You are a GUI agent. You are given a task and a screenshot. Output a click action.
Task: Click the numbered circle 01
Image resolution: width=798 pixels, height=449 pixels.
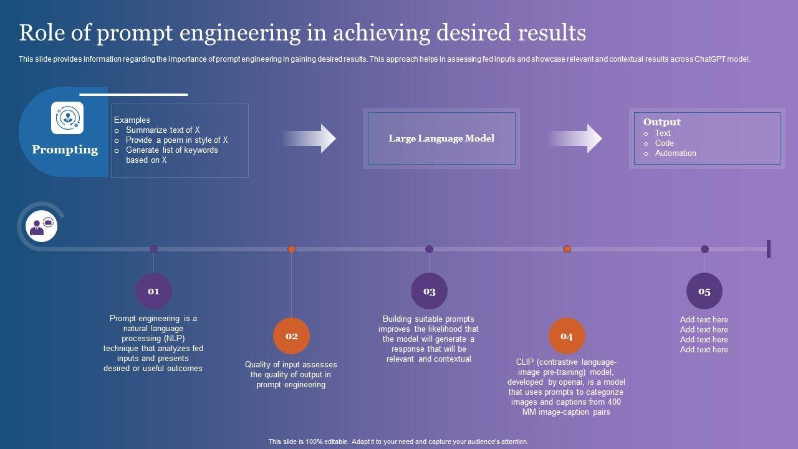pyautogui.click(x=153, y=291)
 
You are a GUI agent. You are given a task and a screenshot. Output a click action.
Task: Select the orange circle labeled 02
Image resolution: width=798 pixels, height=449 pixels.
pyautogui.click(x=292, y=336)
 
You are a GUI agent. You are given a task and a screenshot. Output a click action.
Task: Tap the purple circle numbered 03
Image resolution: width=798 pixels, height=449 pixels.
pyautogui.click(x=429, y=291)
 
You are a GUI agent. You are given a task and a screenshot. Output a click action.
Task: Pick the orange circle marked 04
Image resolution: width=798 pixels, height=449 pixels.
pyautogui.click(x=567, y=336)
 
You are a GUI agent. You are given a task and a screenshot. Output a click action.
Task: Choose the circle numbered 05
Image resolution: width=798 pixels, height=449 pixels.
pyautogui.click(x=704, y=291)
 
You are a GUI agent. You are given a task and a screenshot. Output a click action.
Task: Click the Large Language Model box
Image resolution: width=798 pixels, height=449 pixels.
pyautogui.click(x=441, y=138)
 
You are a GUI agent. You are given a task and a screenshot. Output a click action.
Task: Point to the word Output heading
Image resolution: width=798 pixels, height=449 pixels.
pyautogui.click(x=661, y=122)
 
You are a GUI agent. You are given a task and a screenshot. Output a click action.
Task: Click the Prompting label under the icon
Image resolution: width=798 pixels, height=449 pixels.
pyautogui.click(x=65, y=150)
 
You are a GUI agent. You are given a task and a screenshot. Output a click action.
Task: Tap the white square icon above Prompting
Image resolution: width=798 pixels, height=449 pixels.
pyautogui.click(x=67, y=118)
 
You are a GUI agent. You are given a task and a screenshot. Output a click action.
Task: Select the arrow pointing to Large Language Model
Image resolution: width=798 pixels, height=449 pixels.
pyautogui.click(x=312, y=138)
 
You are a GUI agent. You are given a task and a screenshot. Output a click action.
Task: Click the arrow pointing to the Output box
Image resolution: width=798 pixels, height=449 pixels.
pyautogui.click(x=578, y=138)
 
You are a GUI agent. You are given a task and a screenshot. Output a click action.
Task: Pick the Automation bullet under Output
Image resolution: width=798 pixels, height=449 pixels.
pyautogui.click(x=675, y=153)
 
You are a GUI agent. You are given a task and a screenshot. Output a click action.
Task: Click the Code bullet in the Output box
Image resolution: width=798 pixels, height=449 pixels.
pyautogui.click(x=664, y=143)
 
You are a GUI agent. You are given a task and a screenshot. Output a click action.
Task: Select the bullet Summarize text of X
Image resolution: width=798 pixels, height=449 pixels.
pyautogui.click(x=163, y=130)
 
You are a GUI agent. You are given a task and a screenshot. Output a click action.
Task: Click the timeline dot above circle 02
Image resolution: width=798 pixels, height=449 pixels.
pyautogui.click(x=291, y=249)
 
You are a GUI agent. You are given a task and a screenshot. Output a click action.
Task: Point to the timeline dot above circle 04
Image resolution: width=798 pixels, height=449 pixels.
pyautogui.click(x=567, y=249)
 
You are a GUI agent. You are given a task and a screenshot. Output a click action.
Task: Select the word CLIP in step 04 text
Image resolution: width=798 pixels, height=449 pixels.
pyautogui.click(x=525, y=362)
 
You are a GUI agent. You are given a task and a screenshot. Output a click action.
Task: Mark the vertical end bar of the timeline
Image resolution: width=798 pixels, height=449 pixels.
pyautogui.click(x=769, y=249)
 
